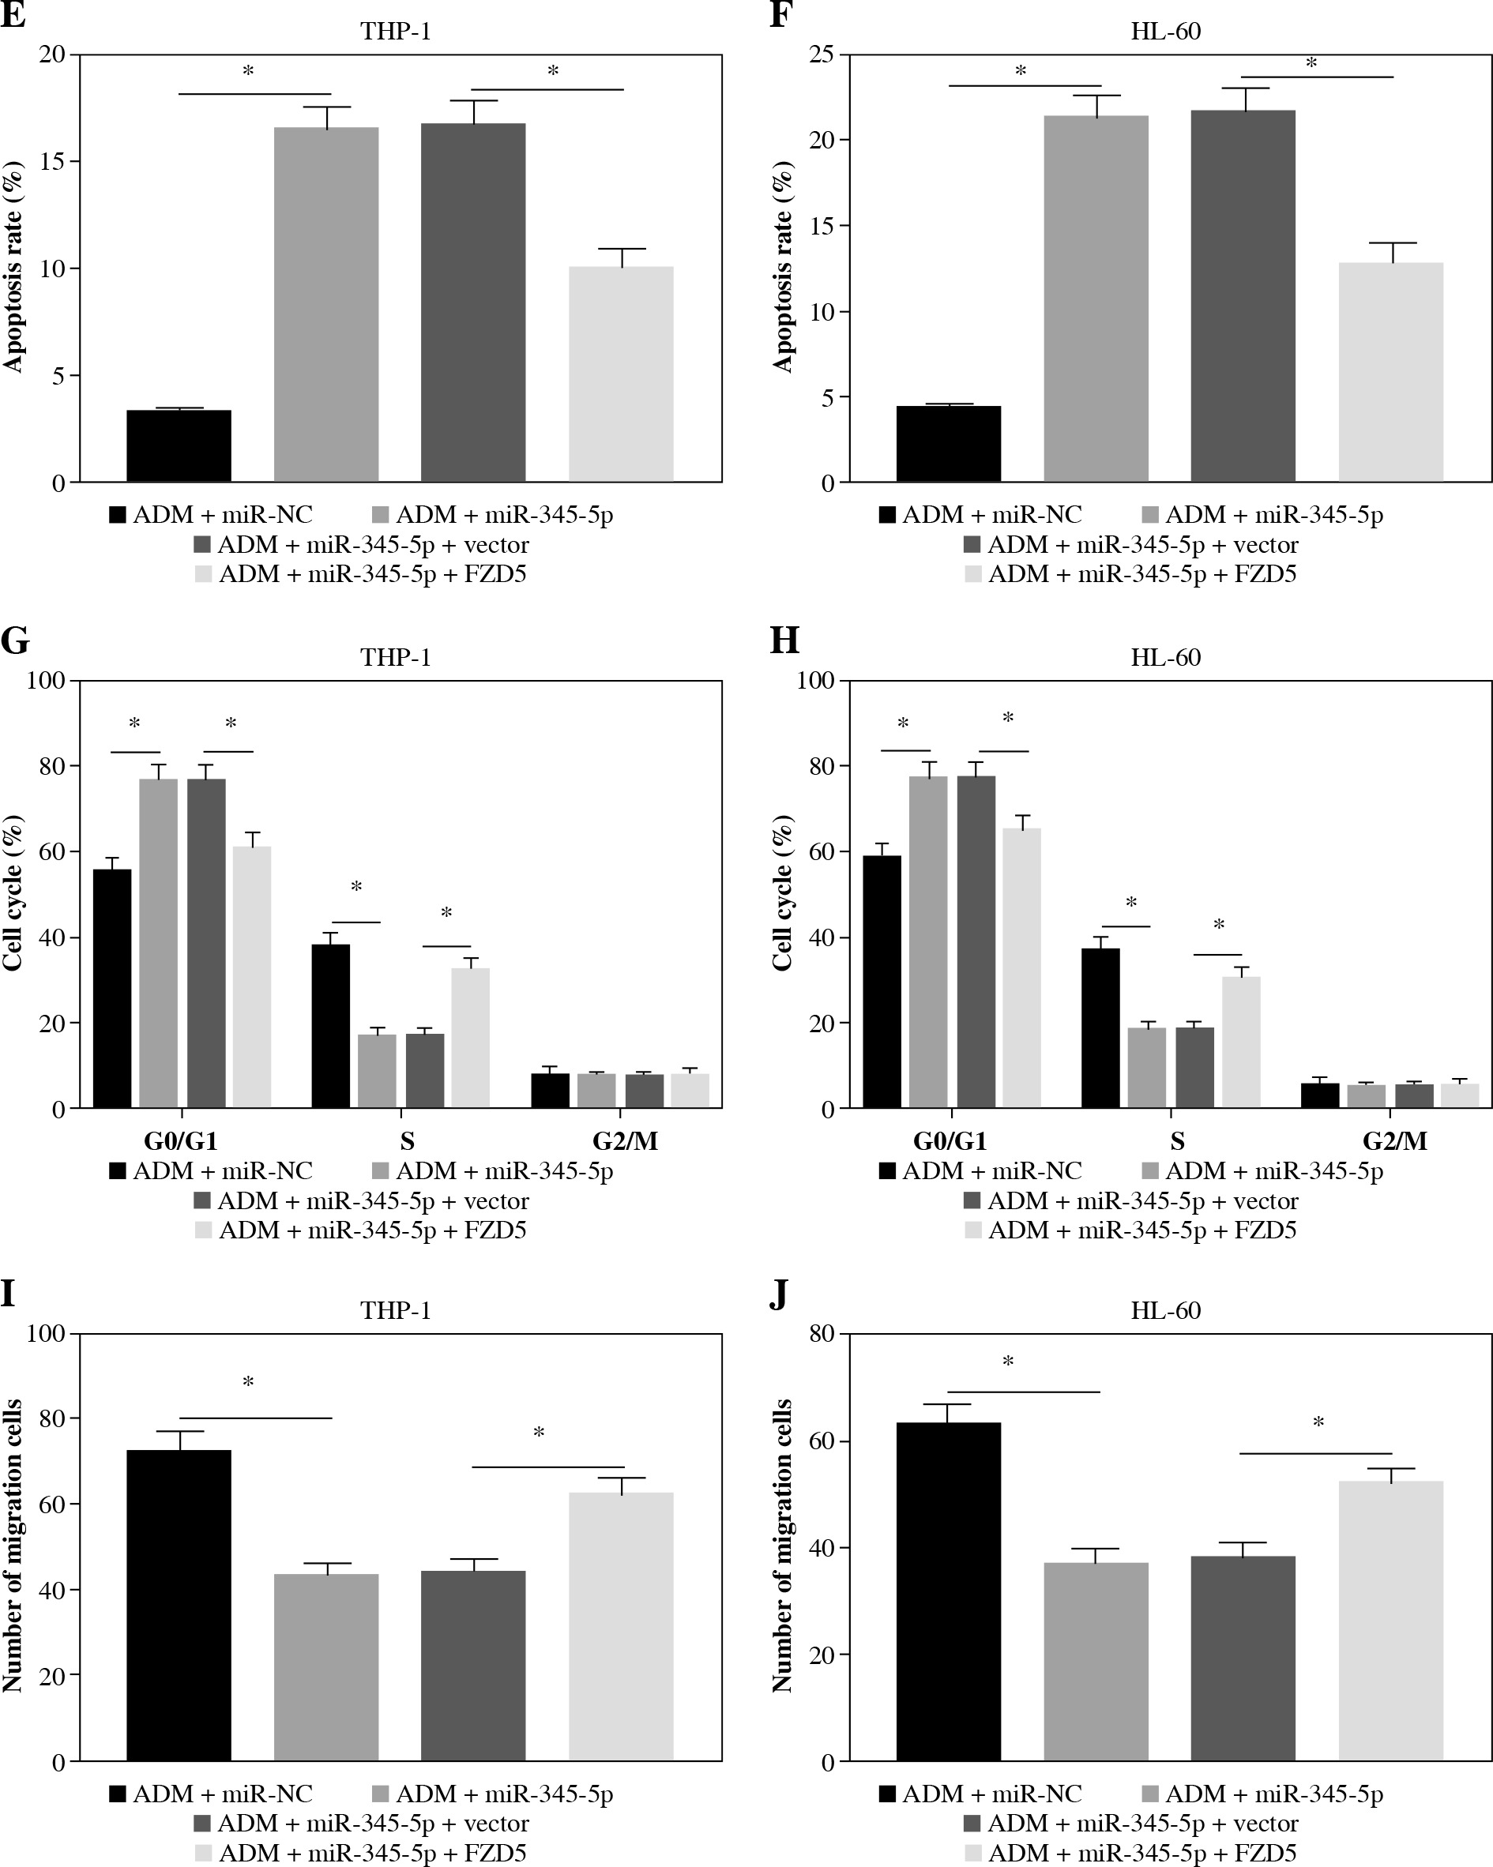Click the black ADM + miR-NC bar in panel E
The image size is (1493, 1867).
click(179, 446)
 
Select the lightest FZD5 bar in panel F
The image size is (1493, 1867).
click(1390, 372)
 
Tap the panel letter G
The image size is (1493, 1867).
click(15, 640)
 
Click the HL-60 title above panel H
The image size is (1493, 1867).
click(1165, 657)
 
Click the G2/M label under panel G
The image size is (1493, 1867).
click(626, 1141)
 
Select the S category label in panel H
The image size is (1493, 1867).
click(1177, 1141)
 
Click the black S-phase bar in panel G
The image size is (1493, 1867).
click(330, 1026)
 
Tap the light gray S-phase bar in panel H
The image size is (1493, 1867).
click(1240, 1042)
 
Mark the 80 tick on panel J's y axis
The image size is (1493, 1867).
click(822, 1334)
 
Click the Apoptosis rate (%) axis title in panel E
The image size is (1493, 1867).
click(13, 268)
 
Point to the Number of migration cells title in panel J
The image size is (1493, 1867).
click(782, 1546)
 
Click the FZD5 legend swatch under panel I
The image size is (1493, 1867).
click(204, 1853)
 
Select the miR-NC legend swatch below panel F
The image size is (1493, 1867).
click(887, 515)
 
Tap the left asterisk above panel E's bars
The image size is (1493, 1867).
click(248, 70)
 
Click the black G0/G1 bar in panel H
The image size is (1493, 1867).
click(882, 982)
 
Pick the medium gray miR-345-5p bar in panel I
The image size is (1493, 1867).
click(325, 1667)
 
